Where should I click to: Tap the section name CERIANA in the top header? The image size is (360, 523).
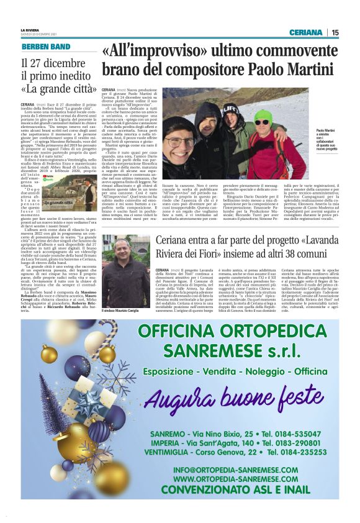click(305, 33)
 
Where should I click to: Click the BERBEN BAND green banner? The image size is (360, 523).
click(45, 47)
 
